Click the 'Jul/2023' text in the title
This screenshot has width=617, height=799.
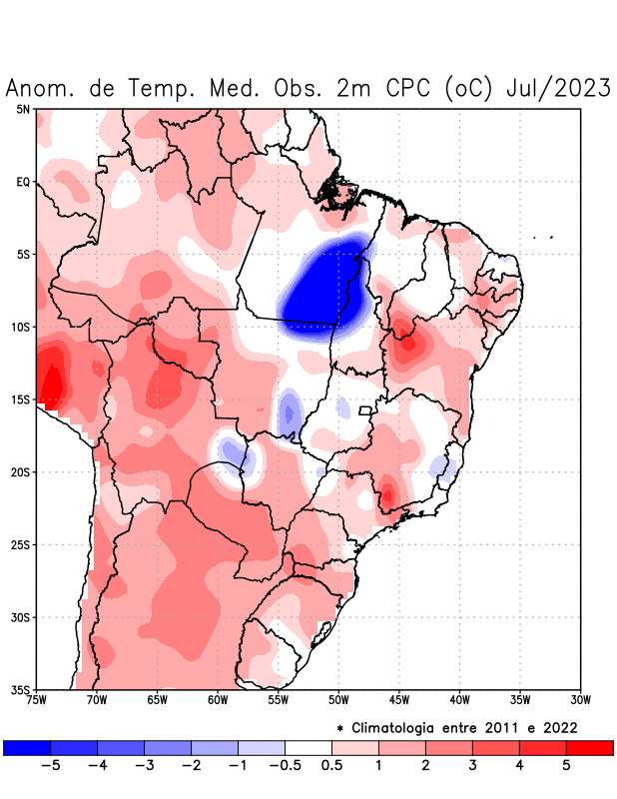point(559,88)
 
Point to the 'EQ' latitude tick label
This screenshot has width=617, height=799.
point(23,182)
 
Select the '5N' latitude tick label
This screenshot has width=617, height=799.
point(23,109)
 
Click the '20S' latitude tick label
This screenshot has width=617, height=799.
point(20,471)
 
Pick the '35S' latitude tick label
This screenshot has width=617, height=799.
point(20,689)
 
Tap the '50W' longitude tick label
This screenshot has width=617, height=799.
point(338,699)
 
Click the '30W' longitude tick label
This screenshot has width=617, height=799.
point(581,699)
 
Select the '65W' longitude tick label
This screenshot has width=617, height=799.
point(157,699)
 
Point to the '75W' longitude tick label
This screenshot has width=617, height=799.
point(36,699)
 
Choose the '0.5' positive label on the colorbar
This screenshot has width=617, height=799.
point(332,766)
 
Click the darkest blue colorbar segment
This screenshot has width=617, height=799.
point(26,747)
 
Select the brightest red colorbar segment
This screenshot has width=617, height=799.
point(589,747)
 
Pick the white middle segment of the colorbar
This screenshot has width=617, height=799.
point(308,747)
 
